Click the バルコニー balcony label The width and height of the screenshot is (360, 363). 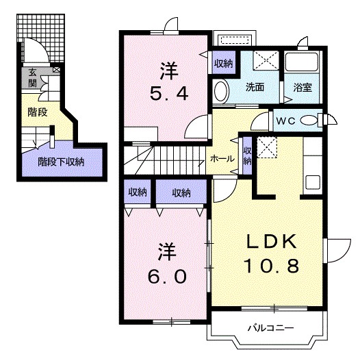pos(271,328)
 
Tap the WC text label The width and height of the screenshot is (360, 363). pos(286,121)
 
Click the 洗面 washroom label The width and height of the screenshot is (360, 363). pos(255,87)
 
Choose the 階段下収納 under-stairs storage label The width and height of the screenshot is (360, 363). pos(61,162)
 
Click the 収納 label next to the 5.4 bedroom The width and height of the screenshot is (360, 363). pos(223,64)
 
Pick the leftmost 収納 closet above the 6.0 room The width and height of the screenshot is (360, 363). pos(138,192)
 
